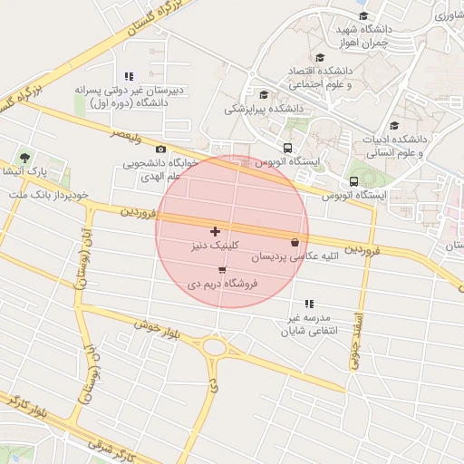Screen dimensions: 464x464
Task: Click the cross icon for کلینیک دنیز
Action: click(x=215, y=232)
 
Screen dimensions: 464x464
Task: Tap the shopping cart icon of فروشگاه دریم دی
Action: click(x=222, y=270)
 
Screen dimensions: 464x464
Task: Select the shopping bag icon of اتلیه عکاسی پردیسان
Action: click(x=295, y=243)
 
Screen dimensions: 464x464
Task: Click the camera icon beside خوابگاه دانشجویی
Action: click(x=161, y=150)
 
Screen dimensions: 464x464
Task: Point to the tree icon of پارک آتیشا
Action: click(x=24, y=158)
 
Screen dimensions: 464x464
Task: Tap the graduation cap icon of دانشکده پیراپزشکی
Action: click(x=264, y=94)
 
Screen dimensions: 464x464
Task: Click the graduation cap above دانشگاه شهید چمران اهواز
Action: click(x=362, y=15)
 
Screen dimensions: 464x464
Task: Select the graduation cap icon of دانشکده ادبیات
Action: click(x=393, y=125)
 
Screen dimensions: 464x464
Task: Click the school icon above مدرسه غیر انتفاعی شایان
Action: click(x=309, y=304)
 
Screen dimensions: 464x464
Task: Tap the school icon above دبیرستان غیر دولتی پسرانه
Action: click(x=129, y=76)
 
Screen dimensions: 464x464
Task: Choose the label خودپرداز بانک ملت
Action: click(x=47, y=195)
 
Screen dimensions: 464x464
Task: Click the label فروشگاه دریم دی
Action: click(x=223, y=284)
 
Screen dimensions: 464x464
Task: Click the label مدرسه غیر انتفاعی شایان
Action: click(x=309, y=324)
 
